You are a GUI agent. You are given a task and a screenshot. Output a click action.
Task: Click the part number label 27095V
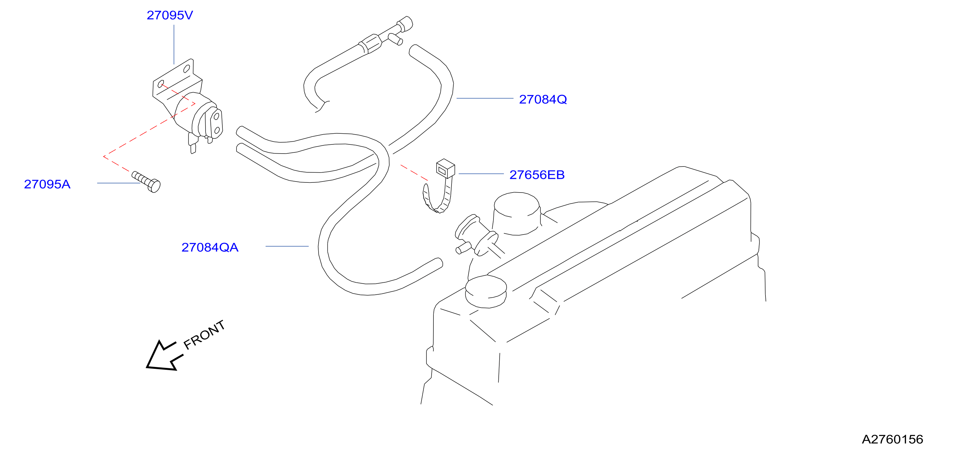170,15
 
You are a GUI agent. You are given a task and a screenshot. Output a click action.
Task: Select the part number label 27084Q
543,100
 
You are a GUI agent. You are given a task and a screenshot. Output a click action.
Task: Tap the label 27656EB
537,175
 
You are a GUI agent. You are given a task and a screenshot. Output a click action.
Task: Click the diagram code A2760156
893,439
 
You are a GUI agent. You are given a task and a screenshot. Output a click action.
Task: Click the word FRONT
204,335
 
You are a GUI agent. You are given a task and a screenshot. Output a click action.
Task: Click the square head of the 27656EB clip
445,168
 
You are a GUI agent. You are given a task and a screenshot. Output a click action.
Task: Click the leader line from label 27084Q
485,98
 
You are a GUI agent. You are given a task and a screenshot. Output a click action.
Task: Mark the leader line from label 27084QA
287,246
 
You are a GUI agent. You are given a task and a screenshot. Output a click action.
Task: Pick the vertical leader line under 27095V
174,45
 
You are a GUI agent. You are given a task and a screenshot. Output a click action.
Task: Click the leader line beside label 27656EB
481,174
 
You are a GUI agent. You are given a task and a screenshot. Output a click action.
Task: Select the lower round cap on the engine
486,291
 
